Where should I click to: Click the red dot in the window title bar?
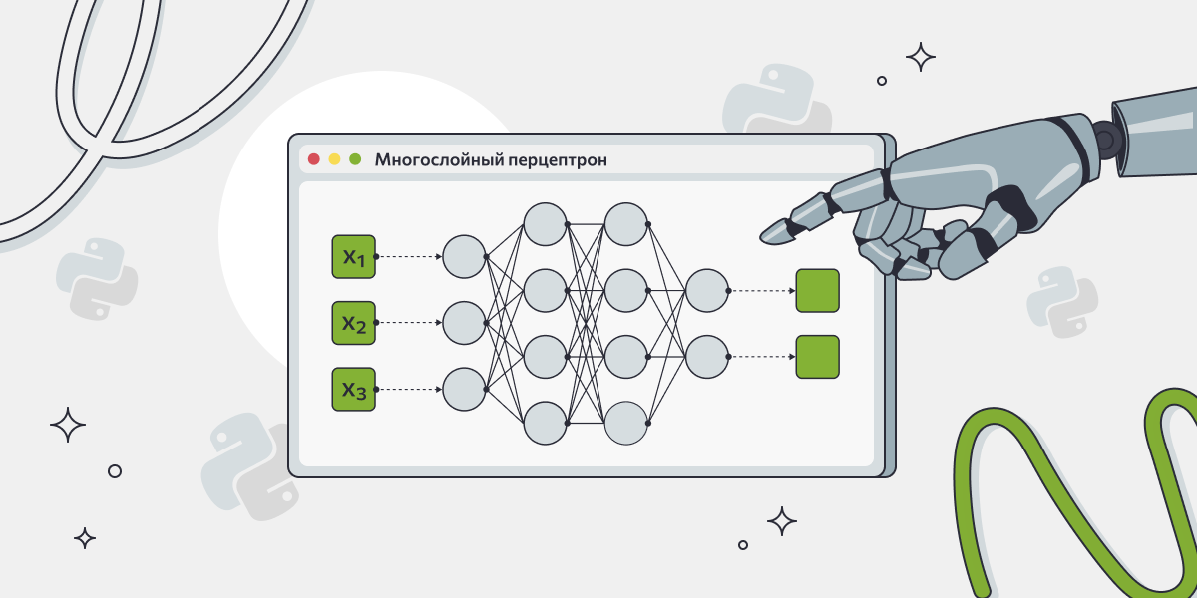pos(314,159)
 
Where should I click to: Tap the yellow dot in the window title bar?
pos(335,159)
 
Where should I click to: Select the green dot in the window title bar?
pos(355,159)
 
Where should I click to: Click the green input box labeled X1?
pos(353,256)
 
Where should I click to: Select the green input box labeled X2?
pos(353,323)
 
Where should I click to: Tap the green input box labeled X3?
pos(353,389)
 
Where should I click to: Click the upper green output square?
pos(817,291)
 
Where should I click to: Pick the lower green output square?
pos(817,357)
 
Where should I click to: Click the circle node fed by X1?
pos(464,256)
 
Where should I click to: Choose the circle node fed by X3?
pos(464,389)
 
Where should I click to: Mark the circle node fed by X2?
pos(464,323)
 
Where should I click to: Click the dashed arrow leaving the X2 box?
pos(409,323)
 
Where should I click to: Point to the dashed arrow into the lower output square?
pos(762,357)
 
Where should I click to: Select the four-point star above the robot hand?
pos(920,57)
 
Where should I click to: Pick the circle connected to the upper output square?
pos(706,291)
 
